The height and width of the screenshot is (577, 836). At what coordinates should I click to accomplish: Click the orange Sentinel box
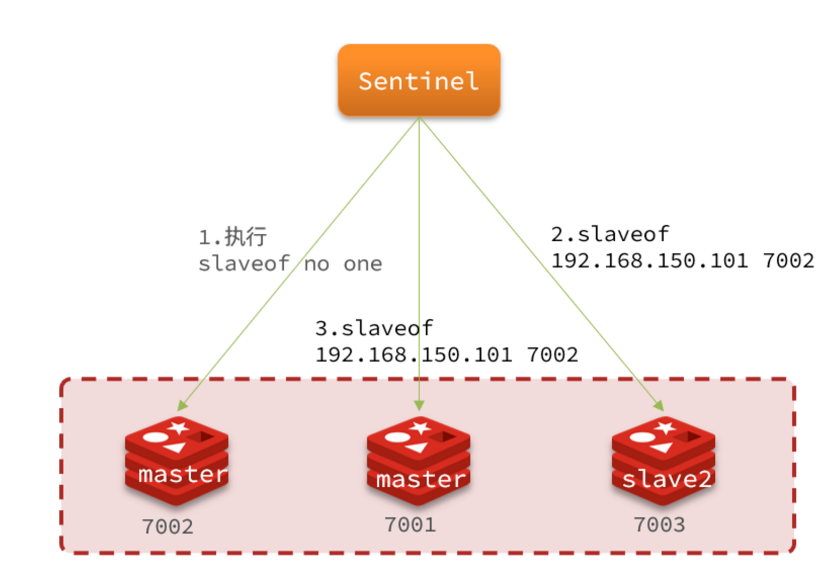point(419,80)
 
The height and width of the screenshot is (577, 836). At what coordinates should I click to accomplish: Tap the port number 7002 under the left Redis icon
point(167,527)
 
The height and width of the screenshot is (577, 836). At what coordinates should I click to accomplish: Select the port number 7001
point(410,525)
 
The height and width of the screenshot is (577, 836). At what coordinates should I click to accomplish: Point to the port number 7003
point(659,525)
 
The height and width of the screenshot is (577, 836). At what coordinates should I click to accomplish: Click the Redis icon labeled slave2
point(663,461)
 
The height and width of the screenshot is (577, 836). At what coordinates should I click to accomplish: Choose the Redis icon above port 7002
point(177,461)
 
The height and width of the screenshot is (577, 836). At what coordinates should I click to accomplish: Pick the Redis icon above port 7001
point(418,461)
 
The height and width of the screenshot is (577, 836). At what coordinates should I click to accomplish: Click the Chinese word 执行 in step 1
point(245,236)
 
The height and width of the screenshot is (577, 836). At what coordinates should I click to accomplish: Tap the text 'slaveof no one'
point(290,264)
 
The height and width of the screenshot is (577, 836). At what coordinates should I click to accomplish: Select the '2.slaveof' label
point(610,234)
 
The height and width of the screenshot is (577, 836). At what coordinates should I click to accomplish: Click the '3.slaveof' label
point(374,328)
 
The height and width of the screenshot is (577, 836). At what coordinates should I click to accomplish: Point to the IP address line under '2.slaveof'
point(682,260)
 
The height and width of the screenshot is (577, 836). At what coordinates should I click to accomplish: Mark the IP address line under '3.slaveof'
point(447,354)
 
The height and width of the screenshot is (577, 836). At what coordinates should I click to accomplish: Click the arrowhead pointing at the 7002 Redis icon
point(182,406)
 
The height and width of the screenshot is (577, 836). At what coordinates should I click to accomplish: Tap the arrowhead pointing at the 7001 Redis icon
point(419,406)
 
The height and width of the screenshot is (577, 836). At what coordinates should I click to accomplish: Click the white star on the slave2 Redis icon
point(665,428)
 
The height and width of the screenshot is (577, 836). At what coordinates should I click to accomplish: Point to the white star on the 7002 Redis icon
point(178,428)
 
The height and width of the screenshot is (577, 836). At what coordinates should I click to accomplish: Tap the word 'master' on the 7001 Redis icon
point(421,479)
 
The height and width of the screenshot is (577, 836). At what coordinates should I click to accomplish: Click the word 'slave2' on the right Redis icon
point(667,479)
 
